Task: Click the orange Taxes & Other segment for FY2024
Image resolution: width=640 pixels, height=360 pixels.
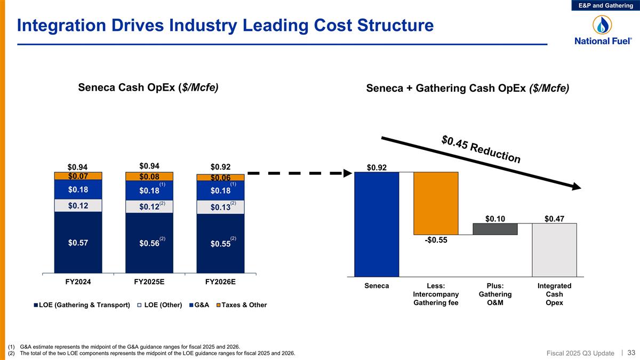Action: [x=78, y=175]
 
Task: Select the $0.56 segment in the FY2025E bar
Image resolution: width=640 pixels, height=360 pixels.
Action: [x=149, y=243]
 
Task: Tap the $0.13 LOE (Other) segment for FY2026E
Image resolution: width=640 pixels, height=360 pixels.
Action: [x=220, y=207]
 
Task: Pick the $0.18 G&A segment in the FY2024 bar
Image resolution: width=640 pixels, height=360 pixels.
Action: [x=78, y=189]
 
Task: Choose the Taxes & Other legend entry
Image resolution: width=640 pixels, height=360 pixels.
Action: [x=243, y=305]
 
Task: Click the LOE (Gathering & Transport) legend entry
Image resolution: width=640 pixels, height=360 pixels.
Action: [x=82, y=305]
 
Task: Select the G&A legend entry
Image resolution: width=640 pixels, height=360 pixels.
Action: [x=200, y=305]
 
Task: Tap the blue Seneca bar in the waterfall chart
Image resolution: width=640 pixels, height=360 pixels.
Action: [x=377, y=224]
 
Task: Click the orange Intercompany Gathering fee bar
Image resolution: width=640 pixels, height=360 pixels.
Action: [x=436, y=203]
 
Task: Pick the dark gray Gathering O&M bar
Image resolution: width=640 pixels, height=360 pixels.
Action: [x=495, y=229]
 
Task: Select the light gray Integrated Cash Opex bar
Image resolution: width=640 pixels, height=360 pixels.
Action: [x=554, y=250]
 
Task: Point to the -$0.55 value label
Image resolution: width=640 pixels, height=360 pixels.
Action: [x=436, y=241]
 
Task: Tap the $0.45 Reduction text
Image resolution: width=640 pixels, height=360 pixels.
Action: [x=481, y=149]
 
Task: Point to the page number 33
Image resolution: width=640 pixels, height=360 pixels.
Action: [x=631, y=353]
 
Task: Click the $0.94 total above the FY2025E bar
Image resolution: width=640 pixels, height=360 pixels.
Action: [x=149, y=165]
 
